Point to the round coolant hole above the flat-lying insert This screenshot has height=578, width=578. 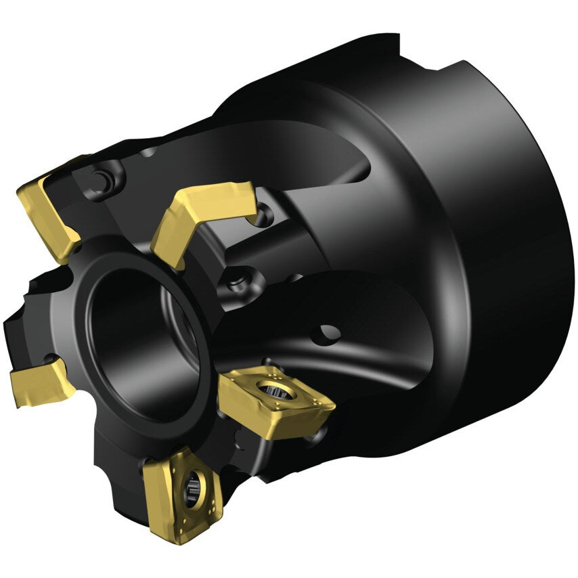point(328,332)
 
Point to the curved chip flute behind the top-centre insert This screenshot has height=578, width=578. point(305,162)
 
